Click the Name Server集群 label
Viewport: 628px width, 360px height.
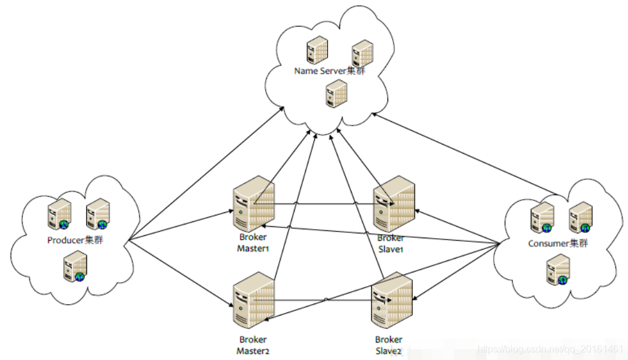[329, 71]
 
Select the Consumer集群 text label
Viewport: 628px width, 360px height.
[557, 244]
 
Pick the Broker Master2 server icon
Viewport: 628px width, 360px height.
[253, 300]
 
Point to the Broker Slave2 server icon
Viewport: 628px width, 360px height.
[392, 300]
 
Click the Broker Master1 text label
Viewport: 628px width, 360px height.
[253, 243]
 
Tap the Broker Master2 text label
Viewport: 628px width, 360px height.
[253, 345]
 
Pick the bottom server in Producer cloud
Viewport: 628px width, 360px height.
[75, 267]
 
